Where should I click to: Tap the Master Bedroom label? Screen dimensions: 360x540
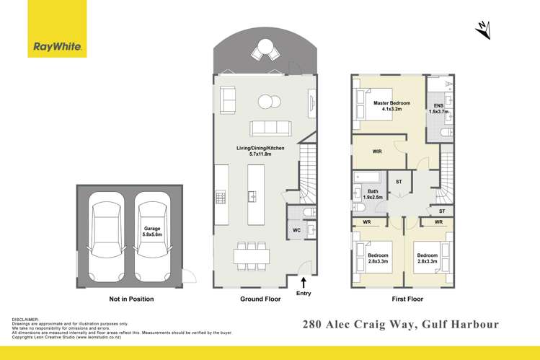391,107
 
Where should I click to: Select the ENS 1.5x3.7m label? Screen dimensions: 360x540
438,109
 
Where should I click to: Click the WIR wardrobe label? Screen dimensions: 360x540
378,152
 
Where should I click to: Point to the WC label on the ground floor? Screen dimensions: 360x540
296,230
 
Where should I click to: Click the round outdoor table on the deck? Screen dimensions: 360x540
265,51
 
